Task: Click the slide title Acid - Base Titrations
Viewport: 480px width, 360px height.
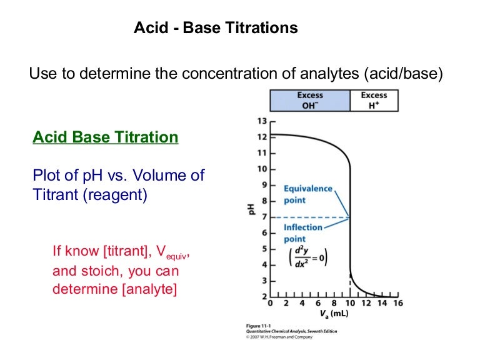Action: [216, 28]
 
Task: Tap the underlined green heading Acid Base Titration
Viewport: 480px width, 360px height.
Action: [106, 137]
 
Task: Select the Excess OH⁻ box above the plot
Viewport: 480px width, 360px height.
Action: [310, 100]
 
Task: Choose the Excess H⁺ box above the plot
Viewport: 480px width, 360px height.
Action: [374, 100]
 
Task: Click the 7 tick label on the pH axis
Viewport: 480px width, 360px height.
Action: [263, 217]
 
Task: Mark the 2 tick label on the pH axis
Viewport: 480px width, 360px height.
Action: [263, 296]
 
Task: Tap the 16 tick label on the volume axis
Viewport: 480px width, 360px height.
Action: [397, 304]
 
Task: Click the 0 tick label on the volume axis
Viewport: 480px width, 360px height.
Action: [270, 304]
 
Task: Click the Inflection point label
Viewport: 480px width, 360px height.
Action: [303, 232]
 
